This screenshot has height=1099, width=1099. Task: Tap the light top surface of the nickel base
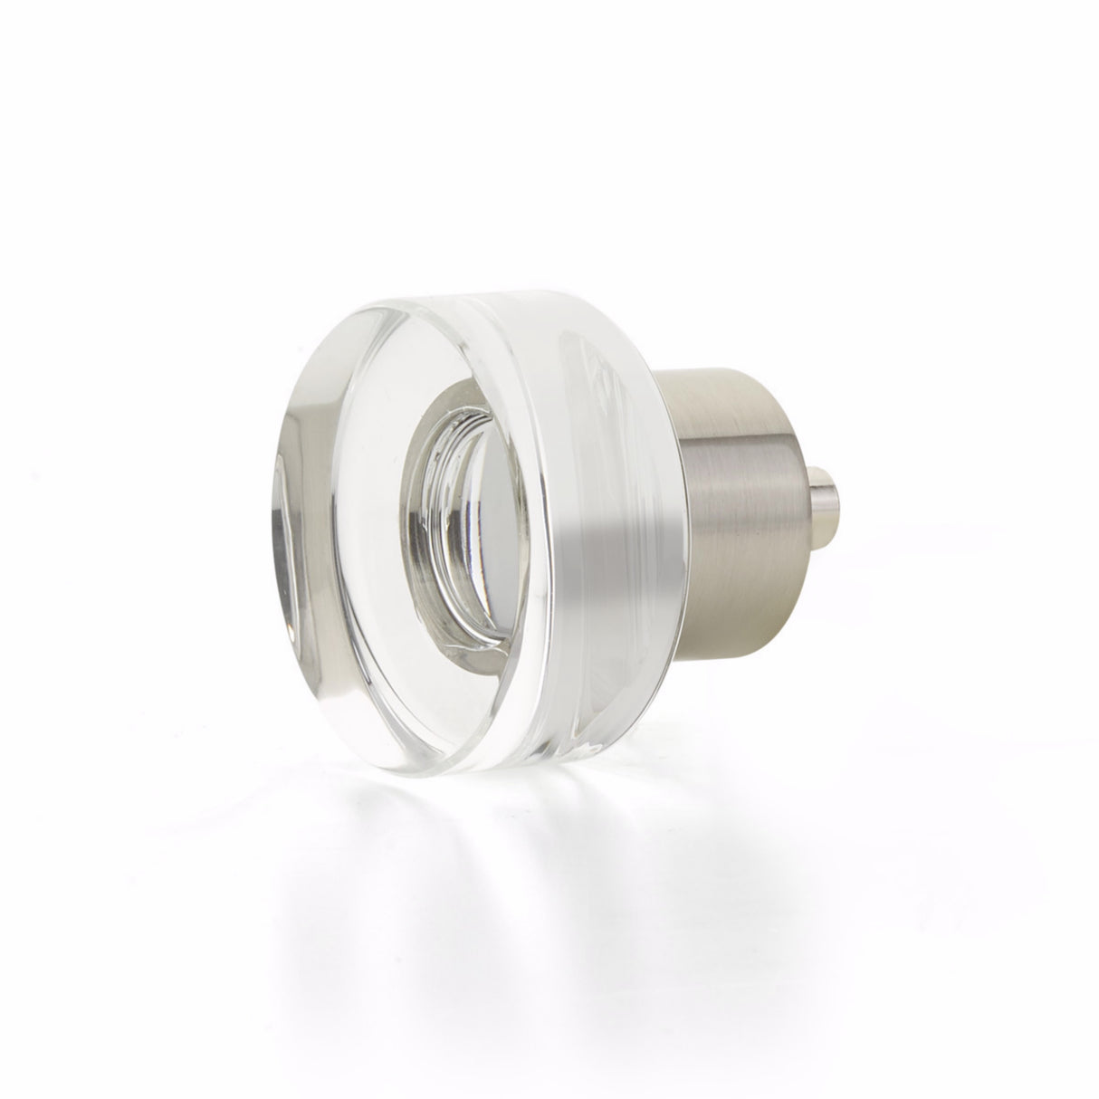[x=715, y=398]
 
